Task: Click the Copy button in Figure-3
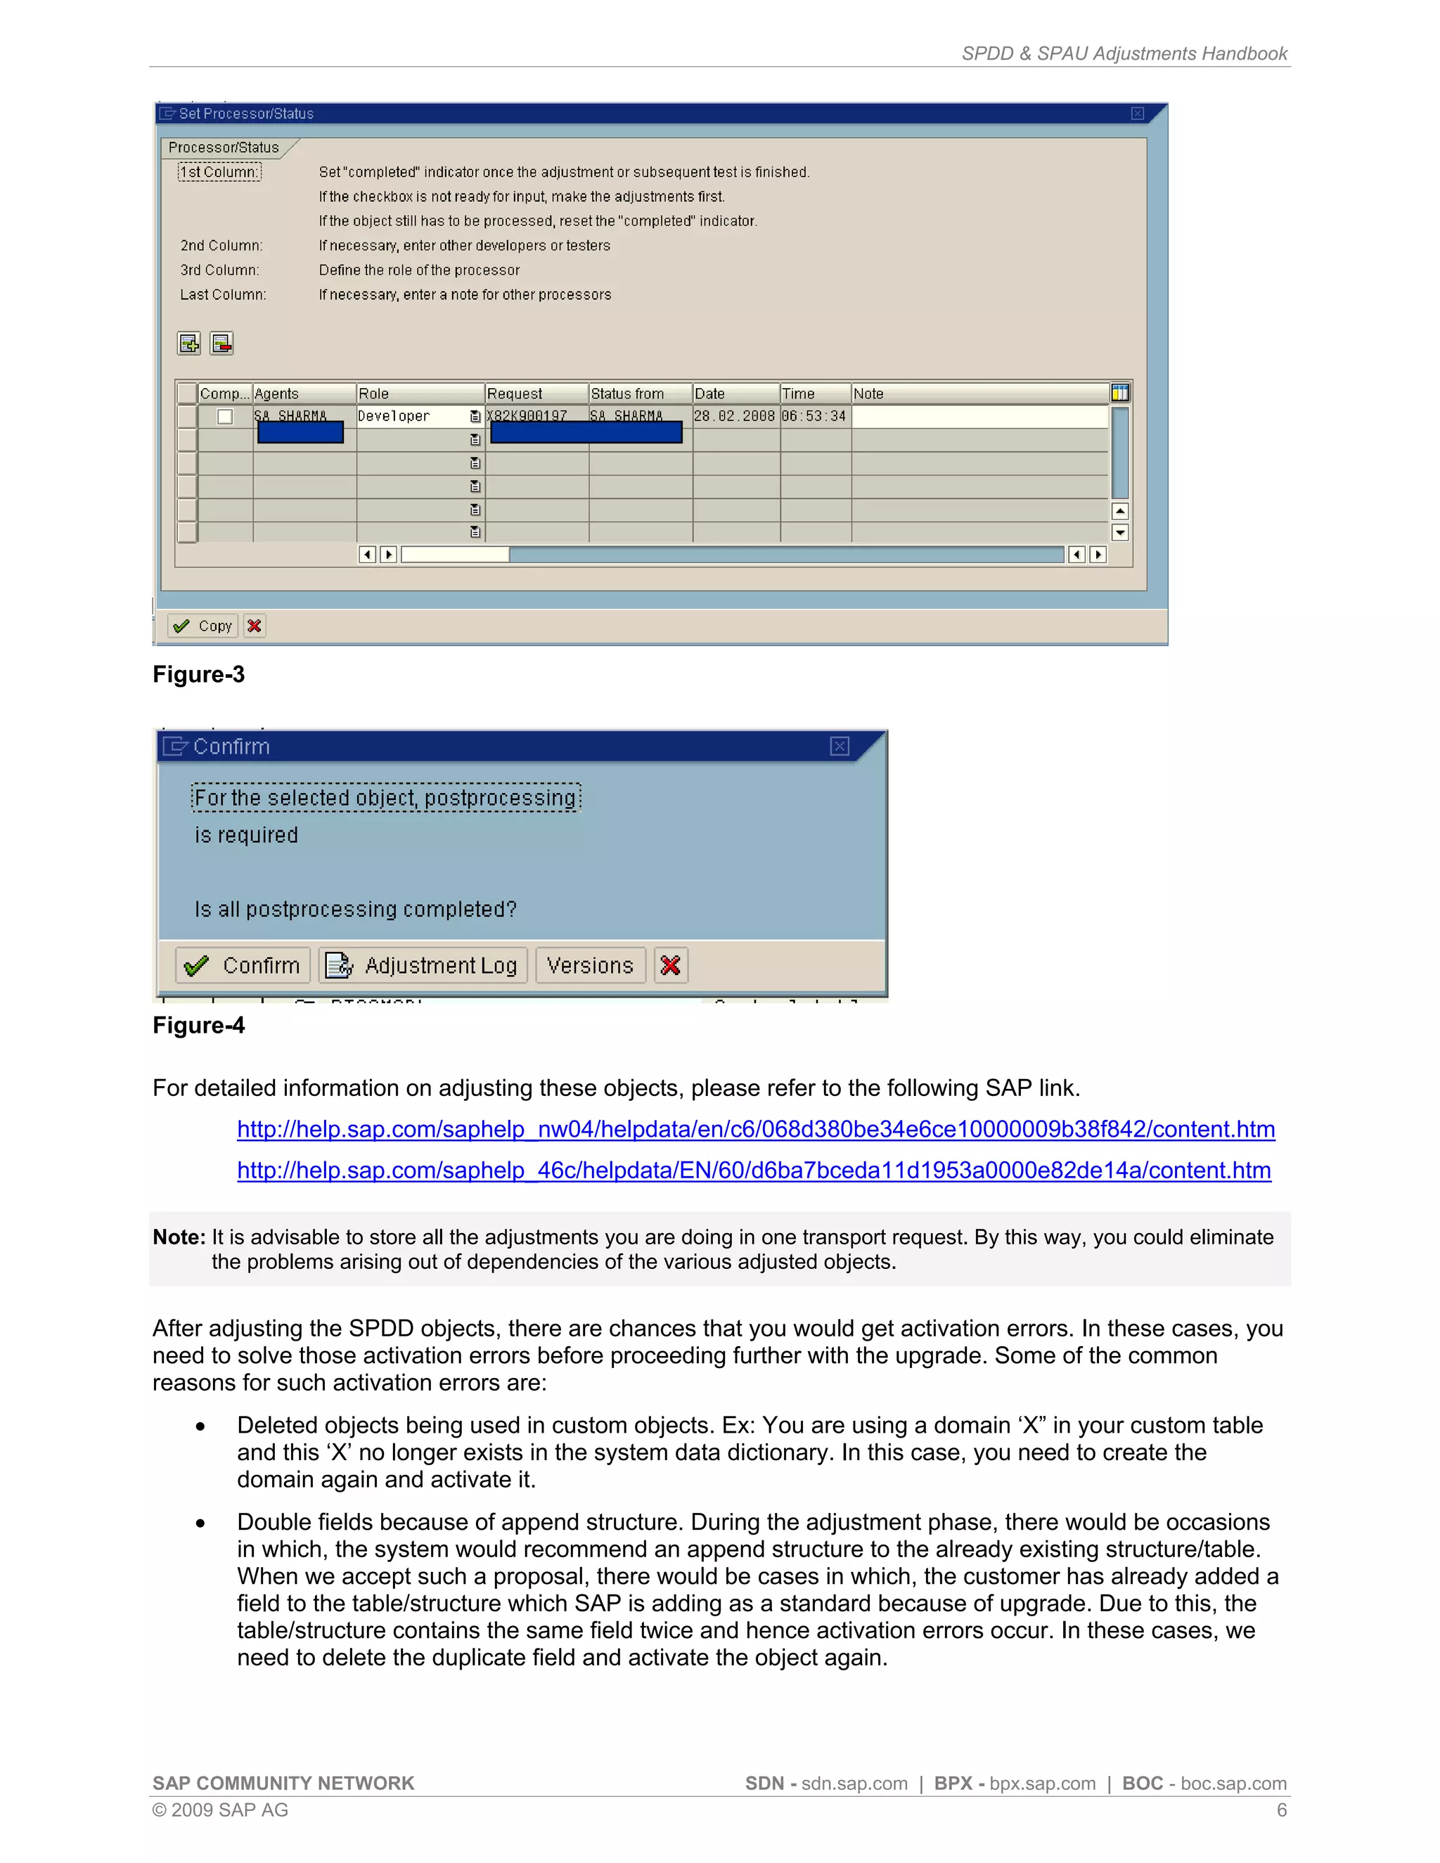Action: tap(203, 626)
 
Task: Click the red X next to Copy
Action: tap(255, 626)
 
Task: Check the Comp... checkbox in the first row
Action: tap(225, 417)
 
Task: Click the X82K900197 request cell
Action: tap(527, 416)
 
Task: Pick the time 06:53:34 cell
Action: tap(814, 416)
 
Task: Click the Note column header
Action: tap(868, 393)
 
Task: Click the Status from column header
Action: tap(628, 393)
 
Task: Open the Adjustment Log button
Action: tap(424, 966)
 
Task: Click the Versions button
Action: tap(591, 966)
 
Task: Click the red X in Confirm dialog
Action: tap(671, 966)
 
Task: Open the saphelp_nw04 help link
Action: tap(756, 1130)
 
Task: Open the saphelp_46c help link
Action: tap(754, 1171)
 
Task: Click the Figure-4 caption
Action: tap(199, 1025)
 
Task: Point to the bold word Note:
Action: tap(179, 1238)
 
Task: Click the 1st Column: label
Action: tap(219, 172)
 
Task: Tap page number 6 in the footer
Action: tap(1281, 1810)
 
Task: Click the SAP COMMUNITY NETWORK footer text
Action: tap(283, 1784)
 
